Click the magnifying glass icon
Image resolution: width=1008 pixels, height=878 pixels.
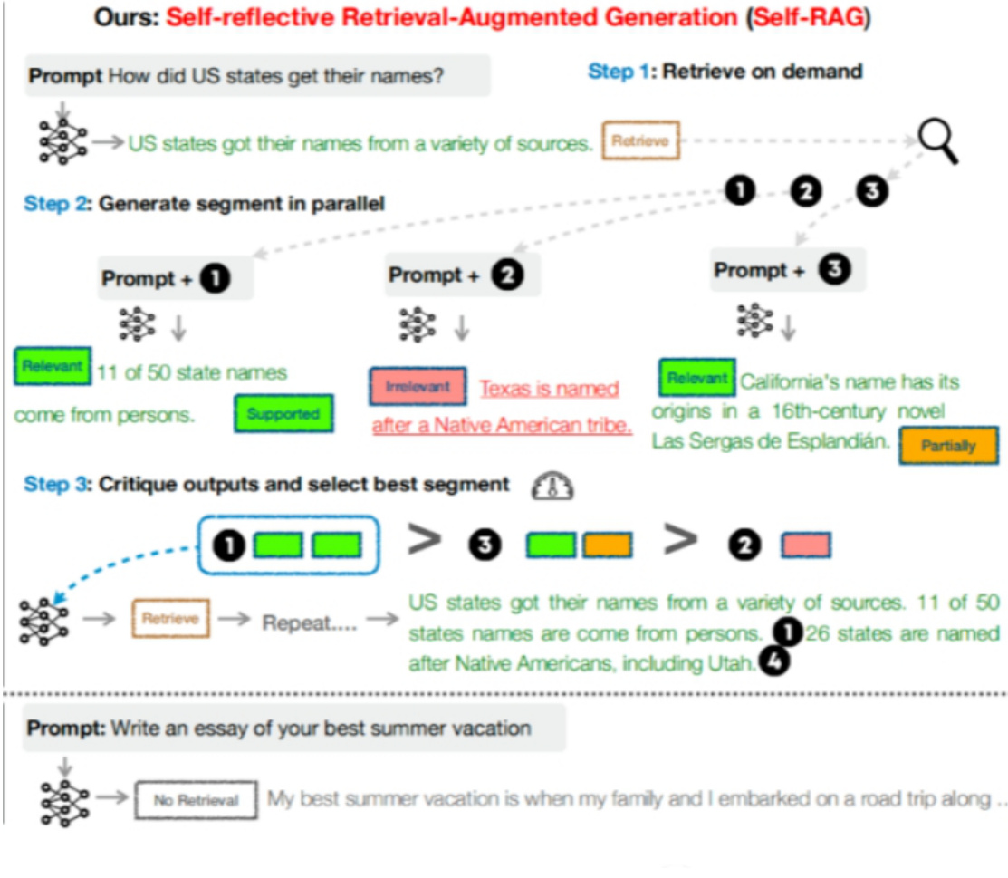(x=937, y=142)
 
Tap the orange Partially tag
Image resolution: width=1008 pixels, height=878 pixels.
(x=948, y=445)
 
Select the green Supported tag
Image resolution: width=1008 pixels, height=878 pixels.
(x=283, y=414)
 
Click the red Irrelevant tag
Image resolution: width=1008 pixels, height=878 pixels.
(x=418, y=387)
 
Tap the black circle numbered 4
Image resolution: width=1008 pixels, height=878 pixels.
(x=775, y=663)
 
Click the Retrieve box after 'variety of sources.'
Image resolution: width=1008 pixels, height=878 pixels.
(x=640, y=140)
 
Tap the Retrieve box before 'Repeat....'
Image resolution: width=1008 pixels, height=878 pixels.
(x=170, y=620)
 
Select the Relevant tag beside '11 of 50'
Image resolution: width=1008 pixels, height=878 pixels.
(x=53, y=367)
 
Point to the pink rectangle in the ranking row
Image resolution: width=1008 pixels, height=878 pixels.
(x=805, y=545)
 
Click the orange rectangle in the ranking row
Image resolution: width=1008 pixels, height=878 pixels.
(x=608, y=545)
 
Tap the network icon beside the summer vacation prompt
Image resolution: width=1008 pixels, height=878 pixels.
(x=63, y=800)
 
